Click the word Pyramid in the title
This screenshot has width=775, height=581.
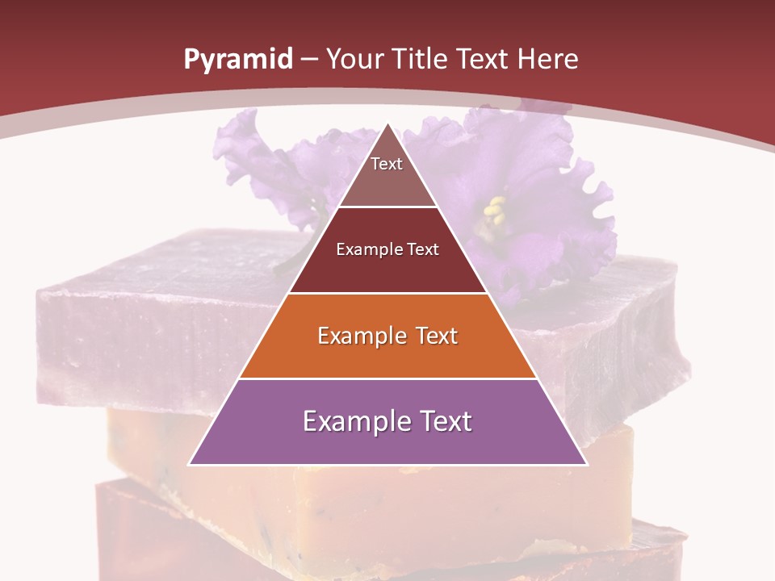pyautogui.click(x=237, y=60)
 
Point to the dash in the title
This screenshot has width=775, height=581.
pyautogui.click(x=308, y=60)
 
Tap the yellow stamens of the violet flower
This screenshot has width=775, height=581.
pyautogui.click(x=494, y=211)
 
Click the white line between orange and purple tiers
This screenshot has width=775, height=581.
pyautogui.click(x=387, y=378)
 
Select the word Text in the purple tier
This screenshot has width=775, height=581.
pyautogui.click(x=443, y=421)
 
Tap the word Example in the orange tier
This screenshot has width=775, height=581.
pyautogui.click(x=360, y=336)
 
